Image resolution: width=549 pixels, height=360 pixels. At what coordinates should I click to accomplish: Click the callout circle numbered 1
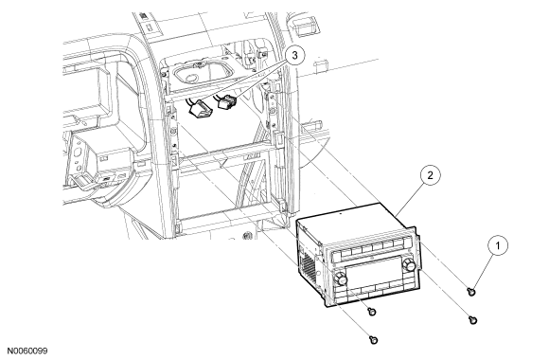coord(498,246)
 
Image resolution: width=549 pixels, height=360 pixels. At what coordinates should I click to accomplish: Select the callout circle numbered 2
coord(430,175)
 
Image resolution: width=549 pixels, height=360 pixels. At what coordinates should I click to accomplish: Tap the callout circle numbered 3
coord(294,55)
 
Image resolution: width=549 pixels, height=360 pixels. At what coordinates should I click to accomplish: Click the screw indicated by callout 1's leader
coord(472,291)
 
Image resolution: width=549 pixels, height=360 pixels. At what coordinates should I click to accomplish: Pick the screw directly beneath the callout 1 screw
coord(472,319)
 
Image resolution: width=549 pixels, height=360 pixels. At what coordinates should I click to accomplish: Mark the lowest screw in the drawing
coord(374,339)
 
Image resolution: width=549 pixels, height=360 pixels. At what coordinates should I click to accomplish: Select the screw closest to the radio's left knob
coord(372,311)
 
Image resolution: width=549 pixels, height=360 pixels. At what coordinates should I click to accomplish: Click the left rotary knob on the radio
coord(341,279)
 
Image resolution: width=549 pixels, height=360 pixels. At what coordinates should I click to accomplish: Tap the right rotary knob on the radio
coord(409,264)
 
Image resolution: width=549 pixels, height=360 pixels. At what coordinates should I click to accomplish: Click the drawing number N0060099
coord(27,351)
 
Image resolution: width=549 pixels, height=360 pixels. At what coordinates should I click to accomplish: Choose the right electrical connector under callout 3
coord(227,101)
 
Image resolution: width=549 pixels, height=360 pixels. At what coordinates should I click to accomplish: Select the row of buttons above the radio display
coord(372,247)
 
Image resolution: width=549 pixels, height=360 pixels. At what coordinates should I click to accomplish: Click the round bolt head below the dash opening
coord(248,235)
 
